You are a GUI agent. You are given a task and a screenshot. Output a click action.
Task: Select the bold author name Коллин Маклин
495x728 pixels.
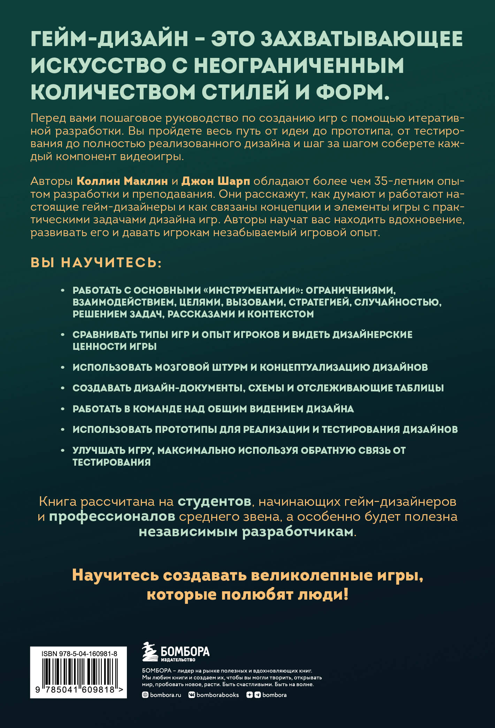coord(122,181)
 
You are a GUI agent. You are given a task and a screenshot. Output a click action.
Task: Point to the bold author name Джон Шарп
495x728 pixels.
coord(216,181)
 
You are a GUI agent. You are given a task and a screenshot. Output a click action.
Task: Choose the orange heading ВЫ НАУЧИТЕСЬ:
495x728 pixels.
coord(96,262)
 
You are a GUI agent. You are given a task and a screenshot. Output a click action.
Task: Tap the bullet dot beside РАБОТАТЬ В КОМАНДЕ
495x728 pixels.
coord(63,409)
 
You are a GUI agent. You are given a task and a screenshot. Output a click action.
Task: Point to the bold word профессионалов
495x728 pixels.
coord(112,517)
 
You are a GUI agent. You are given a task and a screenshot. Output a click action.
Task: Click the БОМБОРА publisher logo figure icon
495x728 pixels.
coord(150,652)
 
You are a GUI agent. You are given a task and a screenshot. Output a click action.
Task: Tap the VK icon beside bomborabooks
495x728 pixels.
coord(191,695)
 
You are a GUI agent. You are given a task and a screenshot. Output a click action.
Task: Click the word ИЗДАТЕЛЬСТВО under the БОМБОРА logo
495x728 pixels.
coord(178,660)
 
